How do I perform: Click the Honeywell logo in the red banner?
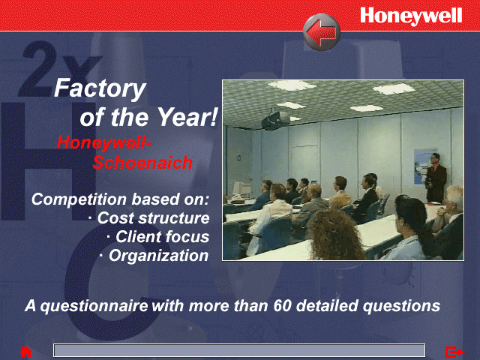[x=411, y=16]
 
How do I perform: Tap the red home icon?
[x=26, y=352]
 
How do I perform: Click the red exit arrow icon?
[x=454, y=352]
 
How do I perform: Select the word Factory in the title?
[x=100, y=88]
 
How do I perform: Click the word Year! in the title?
[x=187, y=117]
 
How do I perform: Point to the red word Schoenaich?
[x=142, y=163]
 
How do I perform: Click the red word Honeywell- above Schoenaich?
[x=104, y=143]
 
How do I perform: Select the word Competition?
[x=79, y=199]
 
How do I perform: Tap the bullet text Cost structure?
[x=153, y=218]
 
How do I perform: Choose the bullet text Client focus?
[x=162, y=237]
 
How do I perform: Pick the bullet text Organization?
[x=158, y=256]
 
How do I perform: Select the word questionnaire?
[x=94, y=306]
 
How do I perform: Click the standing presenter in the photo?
[x=436, y=178]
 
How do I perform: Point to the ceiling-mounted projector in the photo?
[x=275, y=119]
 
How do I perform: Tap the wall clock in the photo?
[x=238, y=158]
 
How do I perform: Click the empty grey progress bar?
[x=239, y=350]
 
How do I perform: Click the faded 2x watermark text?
[x=58, y=69]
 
